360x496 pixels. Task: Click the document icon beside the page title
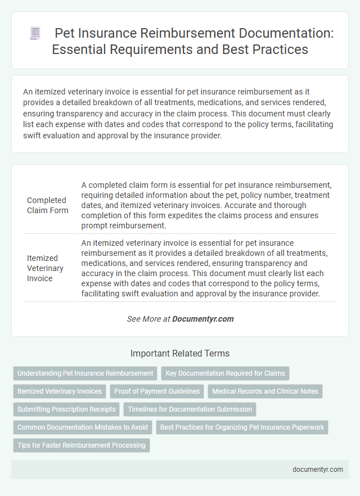35,34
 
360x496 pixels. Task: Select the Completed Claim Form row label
46,205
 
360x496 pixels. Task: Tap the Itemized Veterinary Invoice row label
46,268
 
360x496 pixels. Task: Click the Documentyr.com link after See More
202,319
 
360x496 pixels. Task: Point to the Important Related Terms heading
179,353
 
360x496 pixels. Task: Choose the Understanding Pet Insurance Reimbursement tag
85,373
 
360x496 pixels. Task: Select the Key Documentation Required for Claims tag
225,373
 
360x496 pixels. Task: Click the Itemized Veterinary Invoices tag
60,391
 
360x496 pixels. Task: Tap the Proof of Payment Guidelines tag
157,391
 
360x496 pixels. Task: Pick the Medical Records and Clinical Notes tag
265,391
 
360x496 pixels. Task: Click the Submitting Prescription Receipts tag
66,409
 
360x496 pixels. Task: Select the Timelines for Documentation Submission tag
190,409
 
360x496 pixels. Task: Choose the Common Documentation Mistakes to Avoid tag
82,427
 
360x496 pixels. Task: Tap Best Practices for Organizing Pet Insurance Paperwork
242,427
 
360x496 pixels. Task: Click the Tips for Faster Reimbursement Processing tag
81,445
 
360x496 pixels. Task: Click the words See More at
148,319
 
